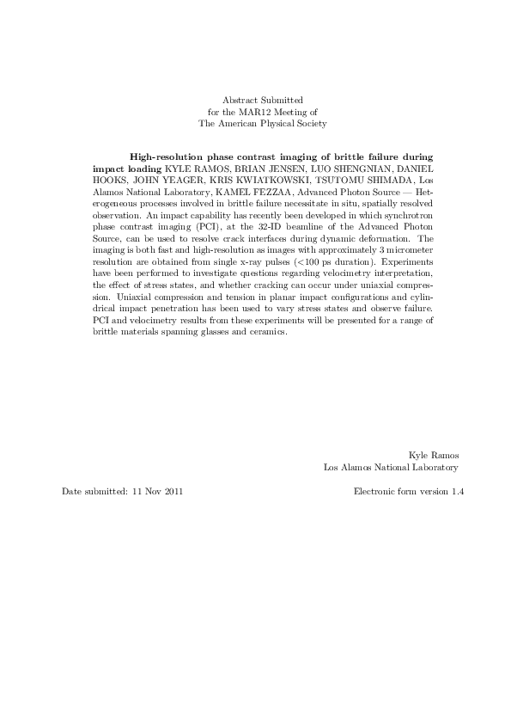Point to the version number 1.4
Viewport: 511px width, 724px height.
[457, 492]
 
